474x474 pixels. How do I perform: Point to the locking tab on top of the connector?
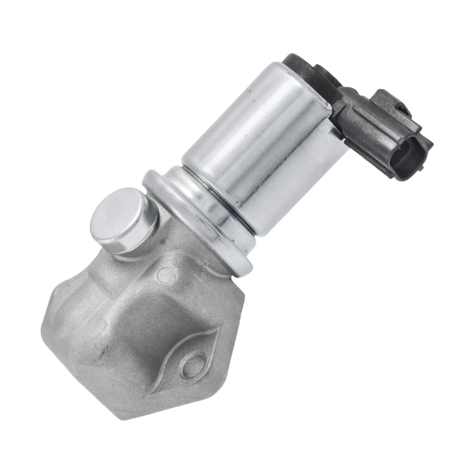pos(390,101)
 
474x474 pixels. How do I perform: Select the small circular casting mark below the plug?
pos(168,273)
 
